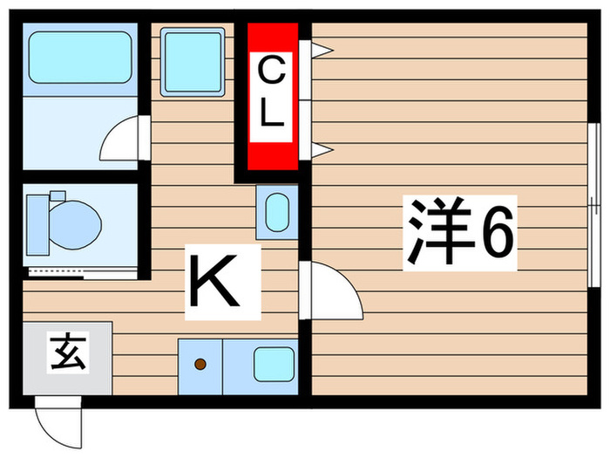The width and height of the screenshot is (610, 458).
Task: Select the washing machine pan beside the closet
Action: click(x=193, y=60)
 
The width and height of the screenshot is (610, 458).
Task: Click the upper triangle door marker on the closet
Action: click(x=319, y=51)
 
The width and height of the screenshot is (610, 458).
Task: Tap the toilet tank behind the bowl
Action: click(x=37, y=222)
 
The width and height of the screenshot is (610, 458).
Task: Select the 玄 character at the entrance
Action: click(x=65, y=356)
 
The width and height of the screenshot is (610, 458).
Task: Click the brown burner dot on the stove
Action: click(x=200, y=363)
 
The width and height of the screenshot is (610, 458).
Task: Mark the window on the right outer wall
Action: click(x=593, y=206)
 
